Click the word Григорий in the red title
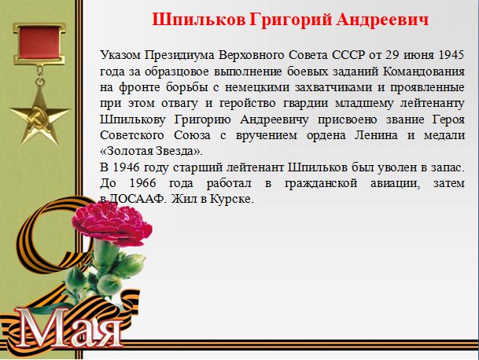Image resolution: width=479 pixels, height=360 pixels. [x=290, y=20]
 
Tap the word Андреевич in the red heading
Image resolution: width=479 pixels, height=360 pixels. [x=382, y=20]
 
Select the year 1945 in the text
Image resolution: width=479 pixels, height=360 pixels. [x=451, y=55]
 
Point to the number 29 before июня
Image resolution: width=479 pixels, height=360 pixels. [x=392, y=55]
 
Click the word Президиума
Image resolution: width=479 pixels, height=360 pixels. [x=179, y=56]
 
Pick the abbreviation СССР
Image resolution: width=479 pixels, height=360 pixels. [x=348, y=55]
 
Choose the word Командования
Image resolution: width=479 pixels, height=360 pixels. [x=424, y=72]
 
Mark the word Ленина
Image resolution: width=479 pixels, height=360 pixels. [x=376, y=135]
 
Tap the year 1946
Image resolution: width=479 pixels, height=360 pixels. [x=126, y=167]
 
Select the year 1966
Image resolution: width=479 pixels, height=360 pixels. [x=142, y=183]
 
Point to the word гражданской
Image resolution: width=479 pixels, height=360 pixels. [x=321, y=184]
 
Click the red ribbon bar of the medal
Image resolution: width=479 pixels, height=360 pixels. [x=39, y=42]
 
